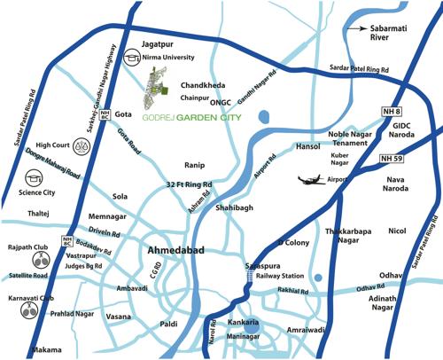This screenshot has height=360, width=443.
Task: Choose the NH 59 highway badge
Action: (398, 158)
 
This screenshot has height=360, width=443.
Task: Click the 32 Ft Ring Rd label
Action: (190, 184)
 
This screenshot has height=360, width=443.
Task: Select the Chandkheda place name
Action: (203, 85)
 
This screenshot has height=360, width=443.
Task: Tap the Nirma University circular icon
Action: (132, 55)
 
